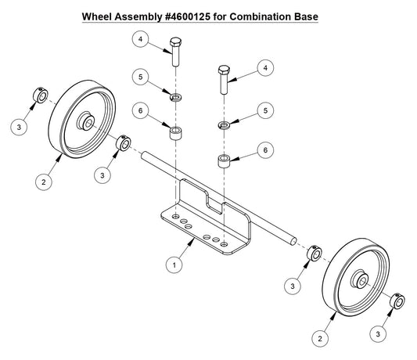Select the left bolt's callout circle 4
coord(141,38)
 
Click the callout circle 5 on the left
coord(141,77)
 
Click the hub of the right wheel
coord(361,279)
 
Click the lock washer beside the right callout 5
coord(225,124)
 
